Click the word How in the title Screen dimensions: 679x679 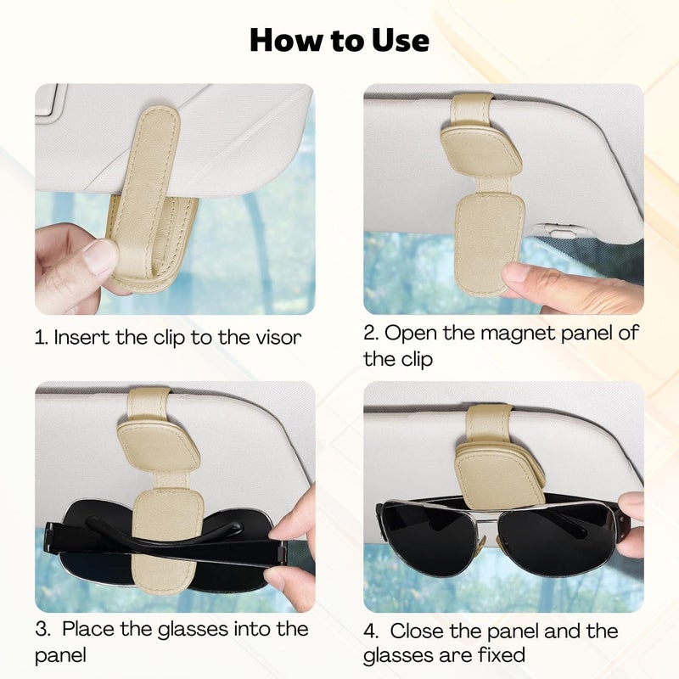tap(287, 40)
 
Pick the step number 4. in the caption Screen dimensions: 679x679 tap(371, 631)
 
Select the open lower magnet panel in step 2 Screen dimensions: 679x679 tap(490, 244)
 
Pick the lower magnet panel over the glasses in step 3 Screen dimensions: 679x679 tap(167, 542)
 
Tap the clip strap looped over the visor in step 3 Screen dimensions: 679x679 tap(148, 406)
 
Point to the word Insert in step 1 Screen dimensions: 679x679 tap(81, 337)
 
